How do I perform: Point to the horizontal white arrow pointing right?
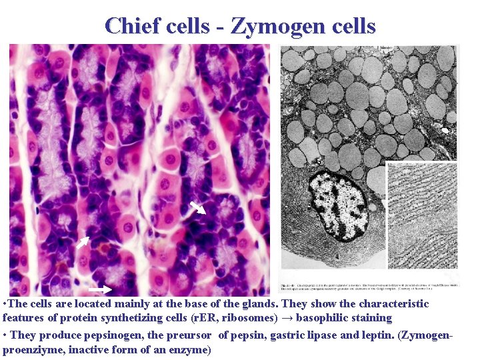pyautogui.click(x=100, y=289)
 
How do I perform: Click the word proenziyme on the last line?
pyautogui.click(x=33, y=349)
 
